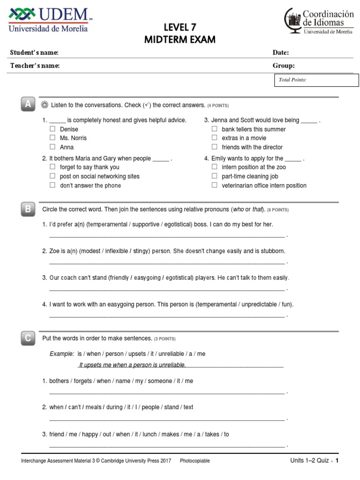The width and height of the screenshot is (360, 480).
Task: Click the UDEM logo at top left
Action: (48, 20)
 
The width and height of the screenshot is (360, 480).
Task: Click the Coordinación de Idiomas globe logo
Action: (293, 22)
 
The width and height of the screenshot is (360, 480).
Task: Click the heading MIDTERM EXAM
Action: (180, 40)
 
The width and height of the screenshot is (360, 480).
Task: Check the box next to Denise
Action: (52, 129)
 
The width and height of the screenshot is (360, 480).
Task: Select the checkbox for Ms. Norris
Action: (52, 138)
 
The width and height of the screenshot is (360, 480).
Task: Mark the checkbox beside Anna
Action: (52, 147)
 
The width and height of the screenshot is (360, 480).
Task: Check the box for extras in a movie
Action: (214, 138)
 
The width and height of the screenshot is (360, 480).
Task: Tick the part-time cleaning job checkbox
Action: (214, 176)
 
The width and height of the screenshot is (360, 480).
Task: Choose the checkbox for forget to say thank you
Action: (52, 167)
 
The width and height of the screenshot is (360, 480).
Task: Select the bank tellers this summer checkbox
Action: (214, 129)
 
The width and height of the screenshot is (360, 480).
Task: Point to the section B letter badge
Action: (28, 210)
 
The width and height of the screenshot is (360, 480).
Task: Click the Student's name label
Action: (34, 52)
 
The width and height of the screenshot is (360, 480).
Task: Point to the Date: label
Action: (281, 52)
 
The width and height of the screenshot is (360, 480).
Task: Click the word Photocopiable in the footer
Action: (195, 461)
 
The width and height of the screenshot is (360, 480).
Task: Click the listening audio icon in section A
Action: (45, 105)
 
